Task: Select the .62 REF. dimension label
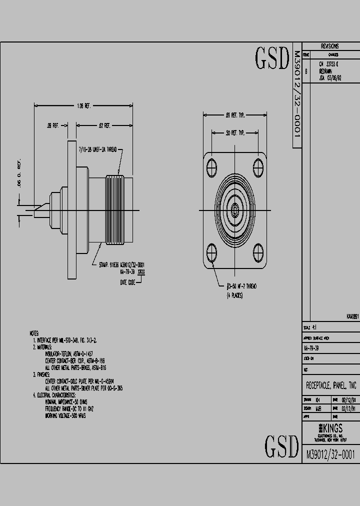[x=104, y=126]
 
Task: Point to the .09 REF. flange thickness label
[x=52, y=126]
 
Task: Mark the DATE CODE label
[x=128, y=282]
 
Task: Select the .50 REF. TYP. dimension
[x=234, y=133]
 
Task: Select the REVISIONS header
[x=329, y=46]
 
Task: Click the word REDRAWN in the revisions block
[x=325, y=71]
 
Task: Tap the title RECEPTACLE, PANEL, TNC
[x=330, y=386]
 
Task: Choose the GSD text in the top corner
[x=272, y=59]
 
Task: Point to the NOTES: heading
[x=34, y=332]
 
